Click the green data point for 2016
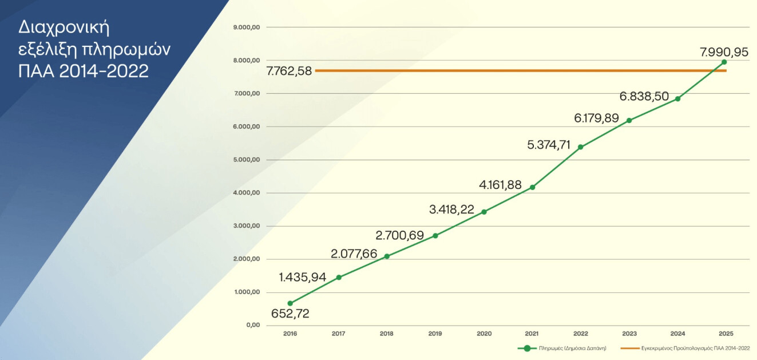pyautogui.click(x=290, y=303)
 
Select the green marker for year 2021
pyautogui.click(x=532, y=187)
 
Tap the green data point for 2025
pyautogui.click(x=724, y=62)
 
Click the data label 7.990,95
pyautogui.click(x=724, y=52)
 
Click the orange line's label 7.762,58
pyautogui.click(x=289, y=71)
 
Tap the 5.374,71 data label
pyautogui.click(x=549, y=145)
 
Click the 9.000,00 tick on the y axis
pyautogui.click(x=248, y=27)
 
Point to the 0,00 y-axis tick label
pyautogui.click(x=253, y=325)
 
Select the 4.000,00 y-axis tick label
pyautogui.click(x=248, y=193)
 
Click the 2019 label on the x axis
pyautogui.click(x=435, y=333)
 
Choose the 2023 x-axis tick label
pyautogui.click(x=629, y=333)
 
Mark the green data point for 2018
pyautogui.click(x=387, y=256)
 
